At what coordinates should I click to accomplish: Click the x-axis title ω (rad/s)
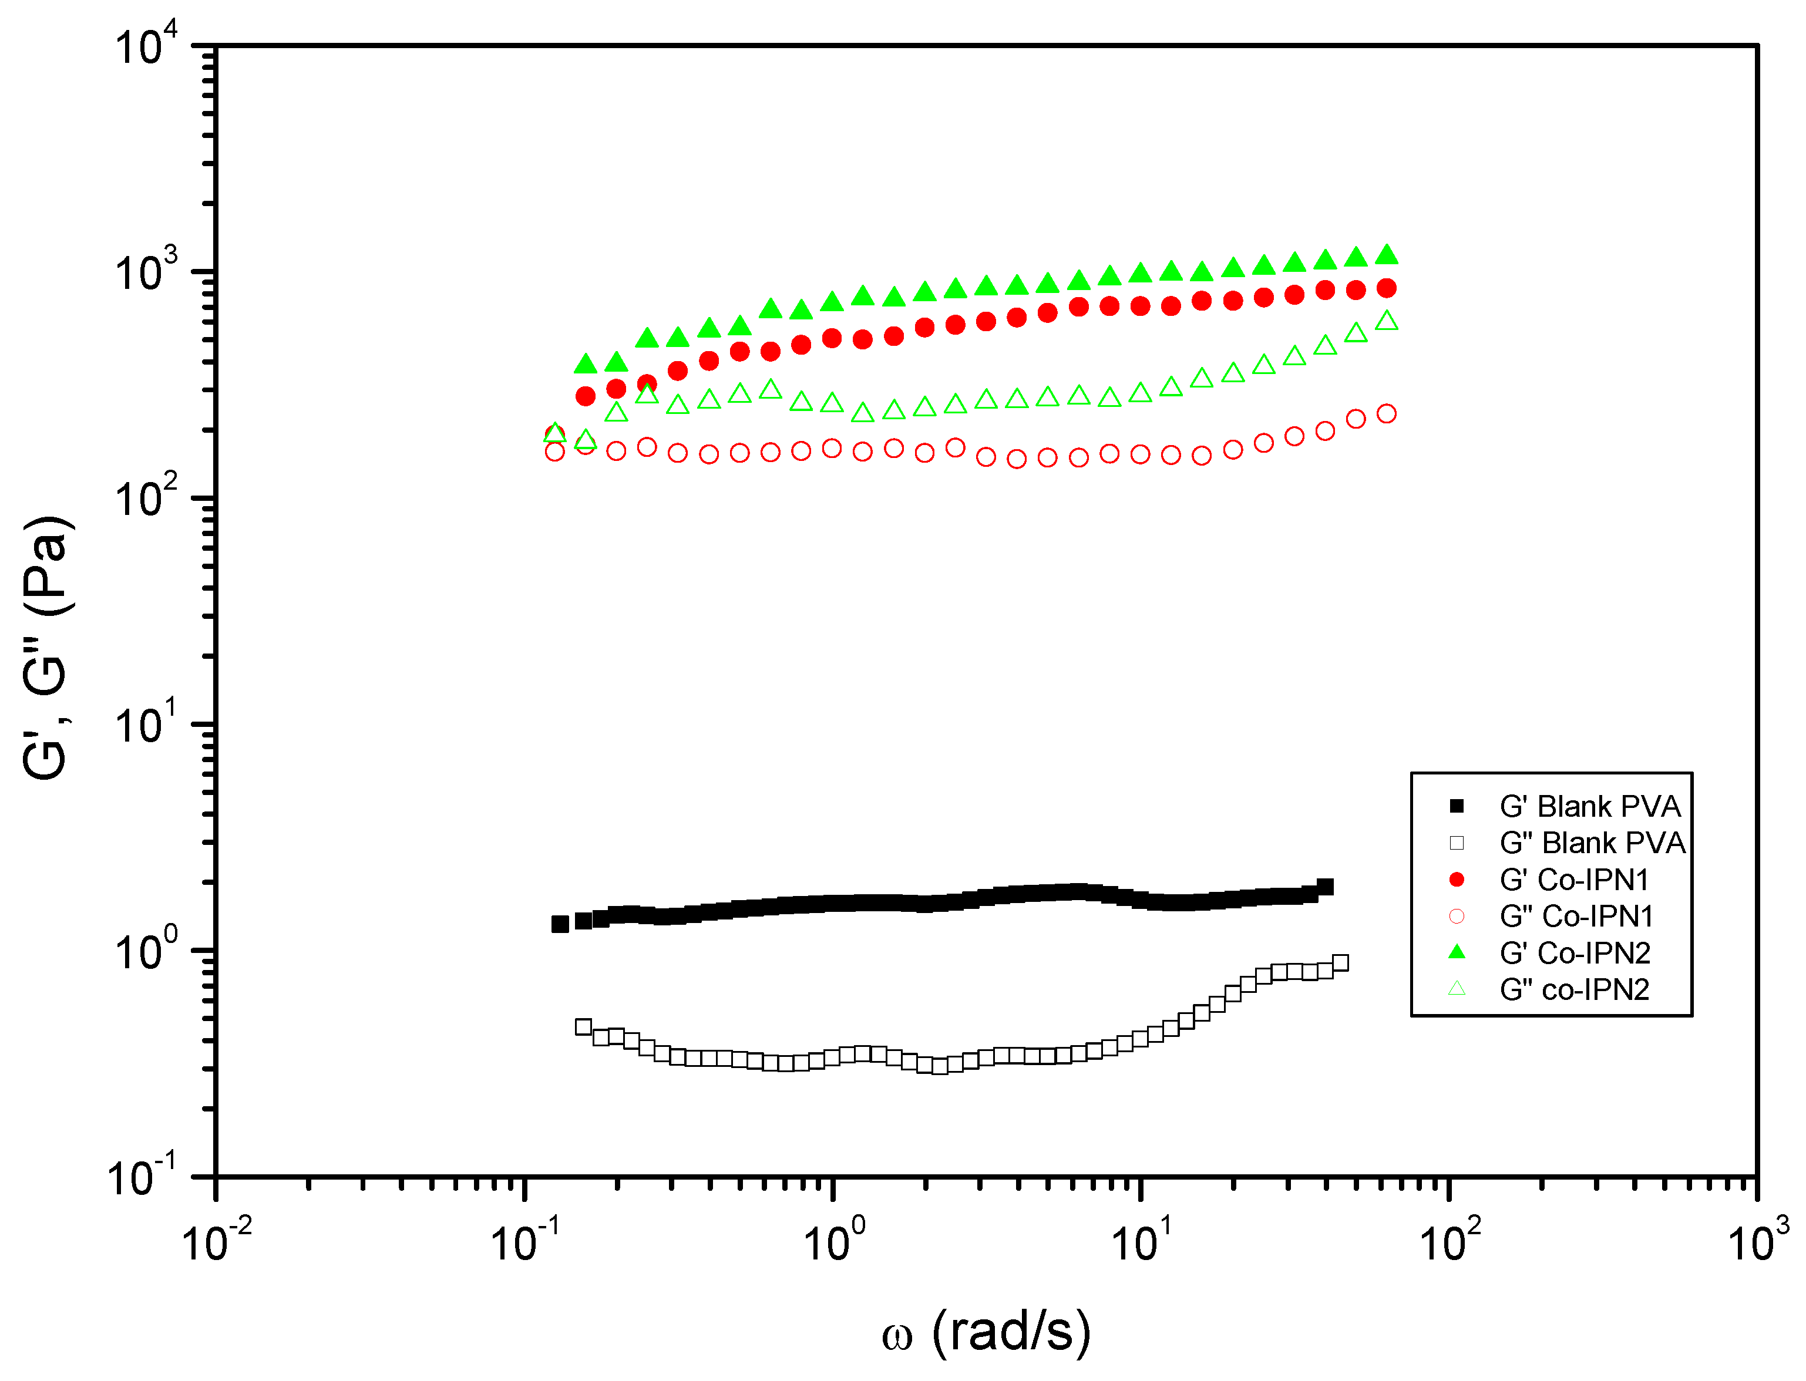pyautogui.click(x=987, y=1332)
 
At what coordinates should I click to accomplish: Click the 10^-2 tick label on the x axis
pyautogui.click(x=216, y=1241)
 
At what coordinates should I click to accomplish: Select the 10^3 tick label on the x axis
pyautogui.click(x=1757, y=1241)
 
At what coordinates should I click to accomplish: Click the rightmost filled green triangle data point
pyautogui.click(x=1387, y=255)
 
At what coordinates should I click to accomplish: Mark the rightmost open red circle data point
pyautogui.click(x=1387, y=413)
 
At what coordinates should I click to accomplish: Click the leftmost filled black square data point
pyautogui.click(x=560, y=924)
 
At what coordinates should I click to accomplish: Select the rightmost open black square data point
pyautogui.click(x=1340, y=962)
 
